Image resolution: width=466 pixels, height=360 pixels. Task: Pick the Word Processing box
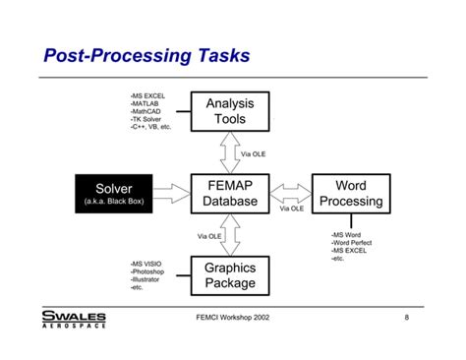coord(350,193)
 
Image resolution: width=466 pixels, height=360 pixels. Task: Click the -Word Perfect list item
coord(355,244)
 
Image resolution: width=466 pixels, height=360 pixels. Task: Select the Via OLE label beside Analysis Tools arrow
coord(254,153)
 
